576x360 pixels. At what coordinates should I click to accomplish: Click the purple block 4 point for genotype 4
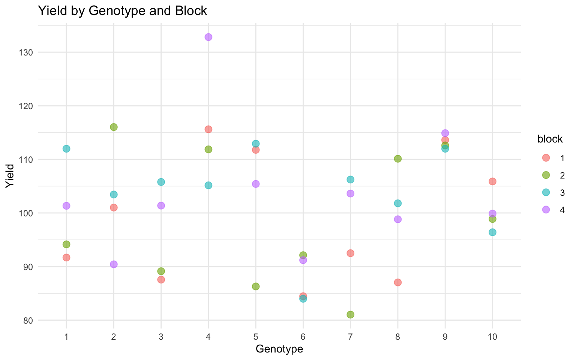click(208, 37)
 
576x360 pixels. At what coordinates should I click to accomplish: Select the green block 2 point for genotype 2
click(114, 127)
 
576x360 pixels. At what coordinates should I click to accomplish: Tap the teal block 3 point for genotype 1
click(66, 148)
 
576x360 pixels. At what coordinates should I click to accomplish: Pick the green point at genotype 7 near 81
click(350, 314)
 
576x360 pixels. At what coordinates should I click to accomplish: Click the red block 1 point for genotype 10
click(492, 181)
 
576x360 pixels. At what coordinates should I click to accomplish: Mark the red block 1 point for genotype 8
click(398, 282)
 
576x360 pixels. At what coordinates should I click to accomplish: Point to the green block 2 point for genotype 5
click(256, 286)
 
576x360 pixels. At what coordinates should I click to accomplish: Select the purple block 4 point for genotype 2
click(114, 264)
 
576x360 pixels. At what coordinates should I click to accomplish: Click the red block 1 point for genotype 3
click(161, 279)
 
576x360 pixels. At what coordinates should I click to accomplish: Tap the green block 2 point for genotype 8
click(398, 159)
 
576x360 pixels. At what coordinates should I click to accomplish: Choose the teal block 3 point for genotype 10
click(492, 232)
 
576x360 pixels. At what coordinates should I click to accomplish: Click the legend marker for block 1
click(546, 158)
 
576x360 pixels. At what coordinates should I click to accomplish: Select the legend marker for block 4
click(546, 210)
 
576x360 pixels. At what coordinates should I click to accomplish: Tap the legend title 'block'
click(550, 139)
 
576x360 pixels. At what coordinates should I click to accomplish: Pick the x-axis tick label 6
click(303, 337)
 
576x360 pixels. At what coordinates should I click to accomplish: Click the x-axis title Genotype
click(279, 349)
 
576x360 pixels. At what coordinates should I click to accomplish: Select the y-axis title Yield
click(10, 176)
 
